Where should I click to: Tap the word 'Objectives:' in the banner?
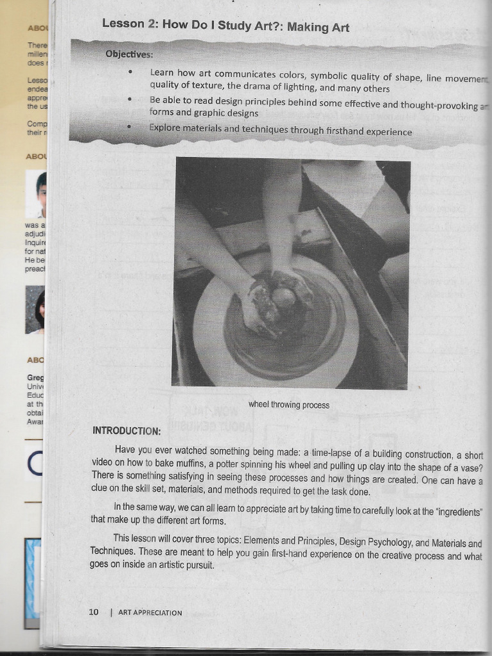point(129,54)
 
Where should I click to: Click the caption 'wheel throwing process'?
point(289,405)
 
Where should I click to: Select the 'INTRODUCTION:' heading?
point(127,430)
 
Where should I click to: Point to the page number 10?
point(94,612)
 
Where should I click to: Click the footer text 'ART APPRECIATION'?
point(150,613)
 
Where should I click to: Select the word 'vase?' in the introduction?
point(470,468)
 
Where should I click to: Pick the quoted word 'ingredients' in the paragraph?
point(457,512)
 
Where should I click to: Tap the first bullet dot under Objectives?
point(130,72)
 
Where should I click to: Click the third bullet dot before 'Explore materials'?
point(130,127)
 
